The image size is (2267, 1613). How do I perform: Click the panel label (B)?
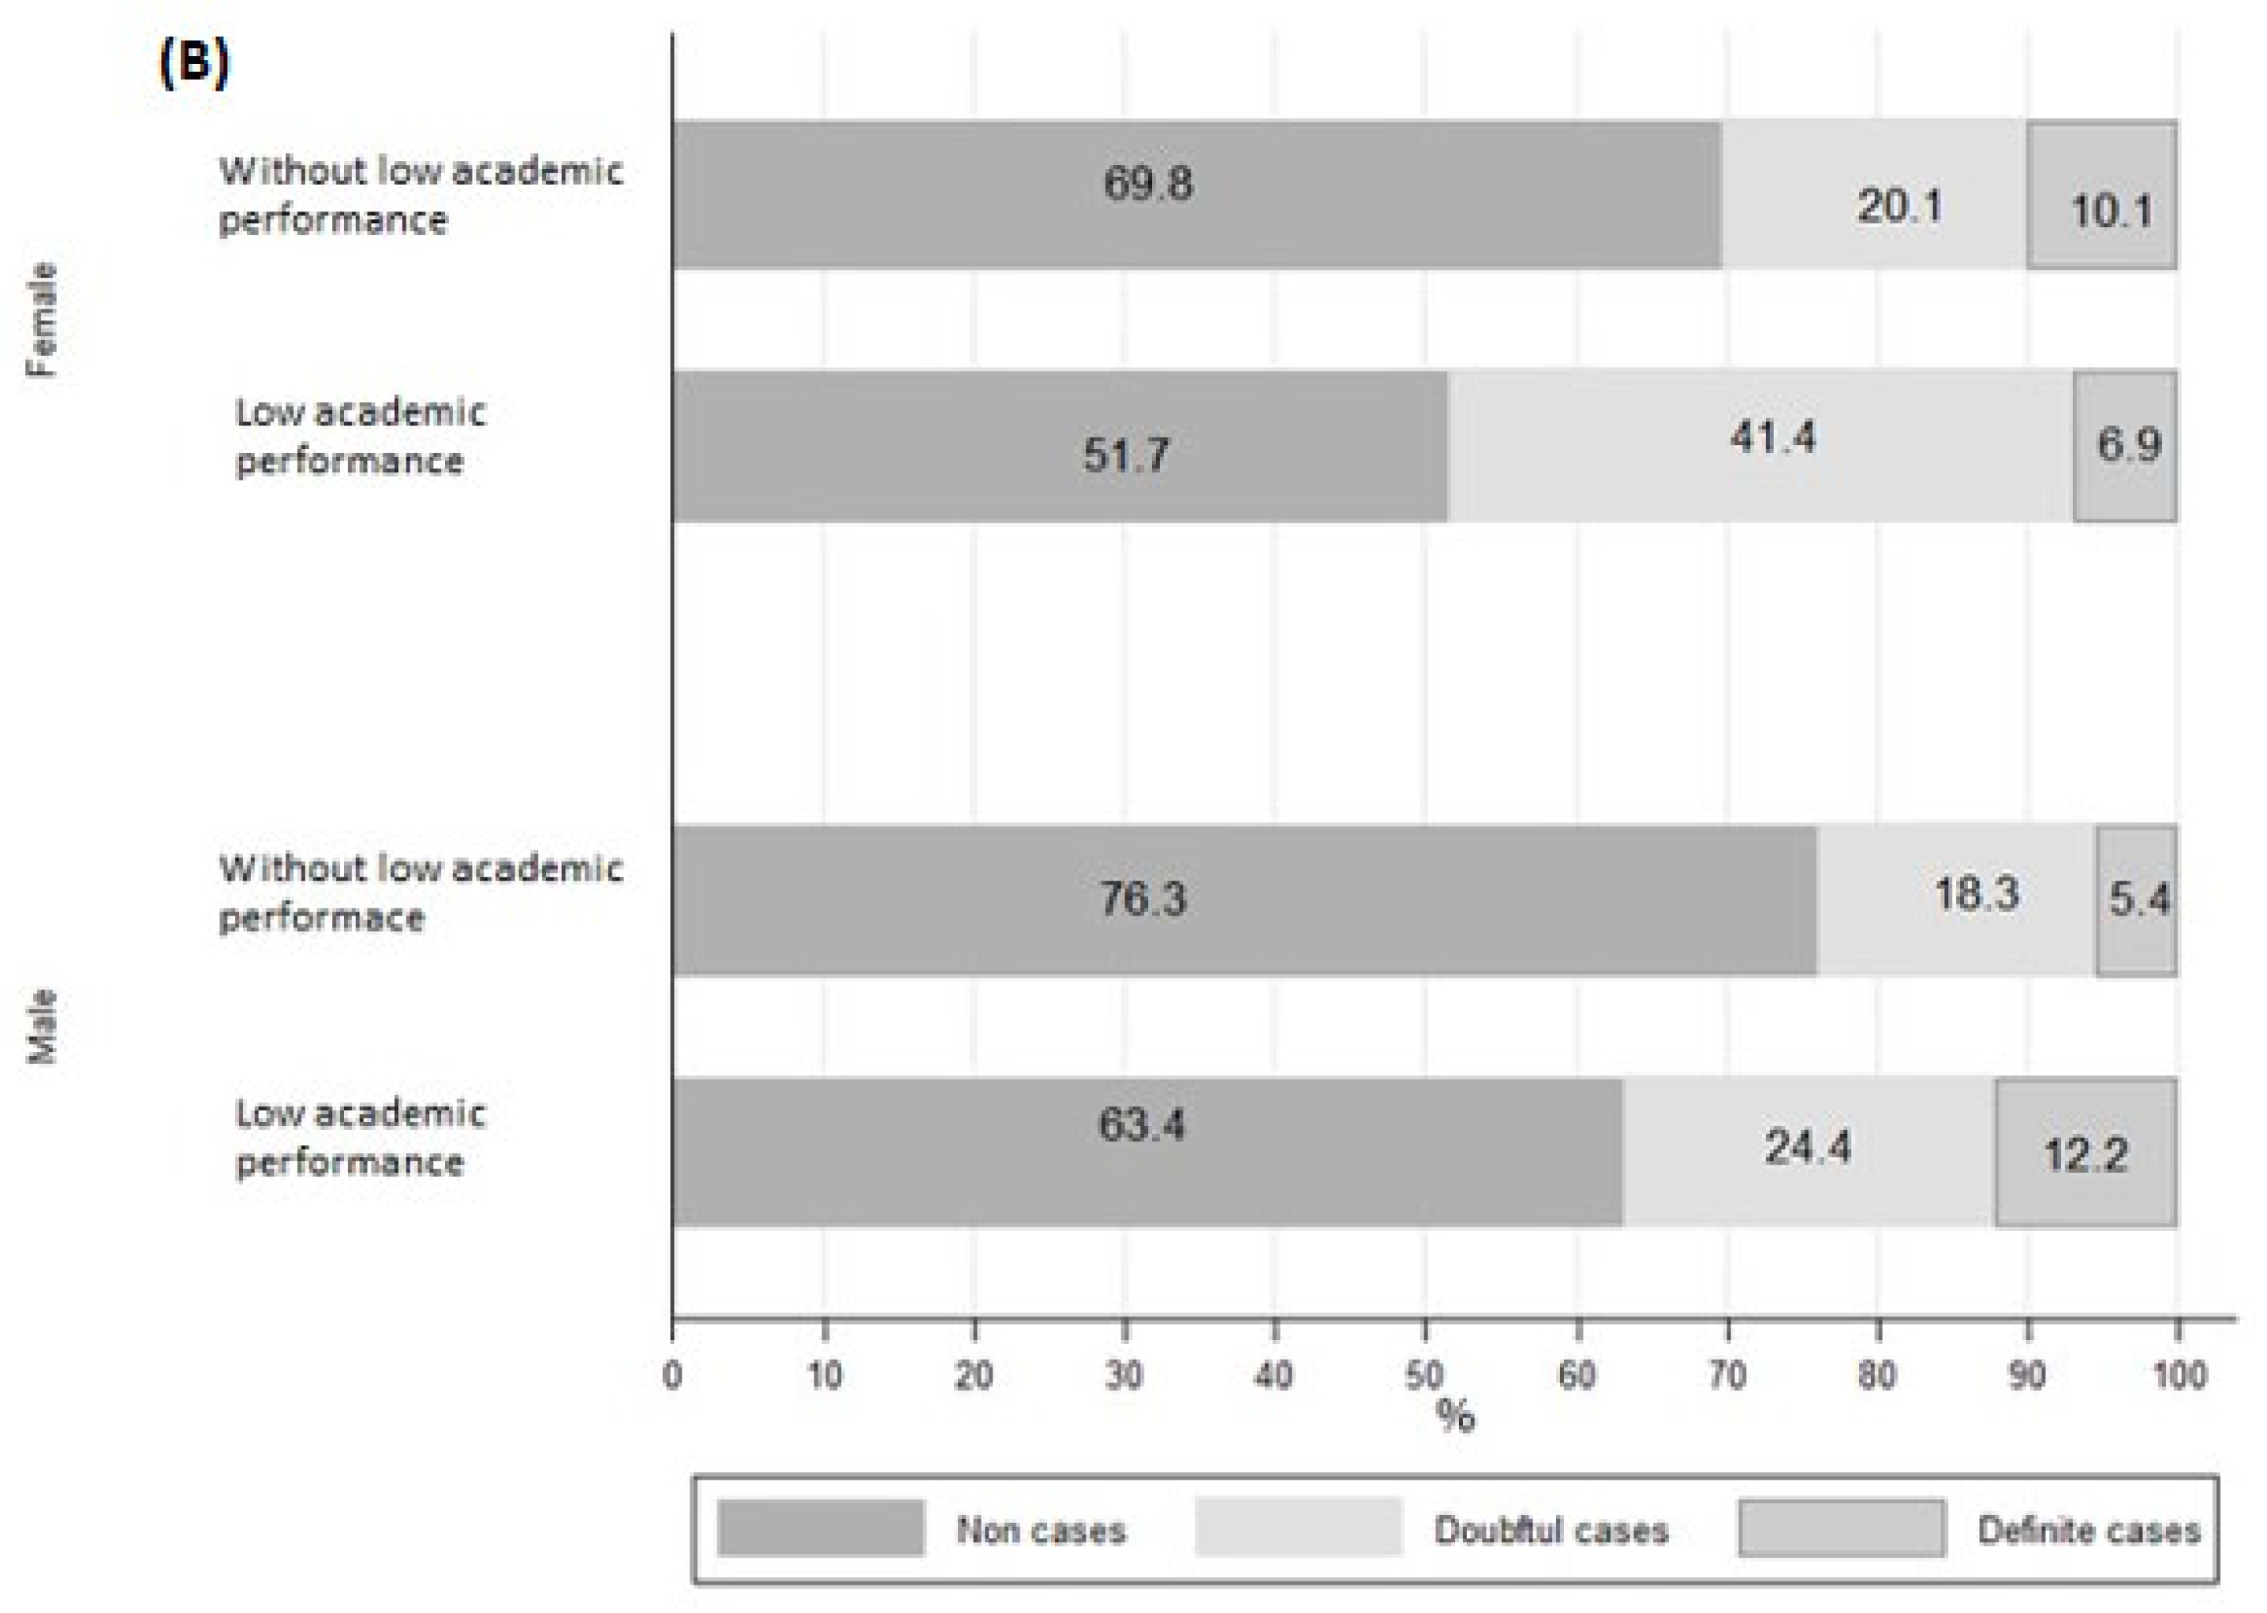[x=193, y=65]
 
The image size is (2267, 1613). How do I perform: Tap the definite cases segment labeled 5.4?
[x=2136, y=900]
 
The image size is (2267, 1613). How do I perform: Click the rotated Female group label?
[x=43, y=320]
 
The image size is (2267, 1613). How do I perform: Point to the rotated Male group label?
[x=43, y=1026]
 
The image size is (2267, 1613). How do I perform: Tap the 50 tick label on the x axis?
[x=1424, y=1375]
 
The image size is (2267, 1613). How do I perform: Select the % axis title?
[x=1455, y=1417]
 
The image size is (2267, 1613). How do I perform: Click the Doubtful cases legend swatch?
[x=1297, y=1529]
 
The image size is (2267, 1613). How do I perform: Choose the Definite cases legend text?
[x=2088, y=1531]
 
